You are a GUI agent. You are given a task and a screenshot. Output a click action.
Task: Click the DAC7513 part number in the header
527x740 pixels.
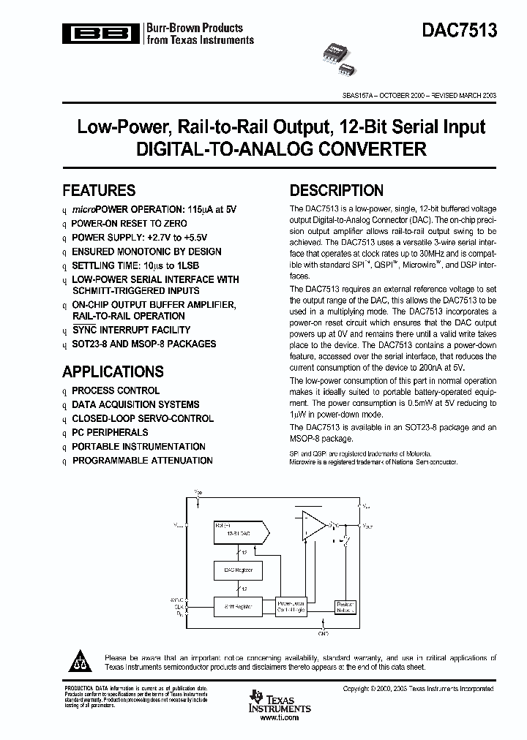(459, 31)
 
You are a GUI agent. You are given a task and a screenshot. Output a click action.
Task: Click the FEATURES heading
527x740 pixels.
(99, 190)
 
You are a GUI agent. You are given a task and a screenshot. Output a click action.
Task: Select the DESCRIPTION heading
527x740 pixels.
(336, 191)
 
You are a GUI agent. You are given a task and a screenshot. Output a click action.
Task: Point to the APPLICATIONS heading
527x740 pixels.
(113, 371)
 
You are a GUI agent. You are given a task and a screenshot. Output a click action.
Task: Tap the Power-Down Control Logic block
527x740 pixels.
(291, 606)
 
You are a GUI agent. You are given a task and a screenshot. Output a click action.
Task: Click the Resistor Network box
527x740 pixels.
(345, 606)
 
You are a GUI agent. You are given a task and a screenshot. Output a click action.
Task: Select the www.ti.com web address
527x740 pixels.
(279, 719)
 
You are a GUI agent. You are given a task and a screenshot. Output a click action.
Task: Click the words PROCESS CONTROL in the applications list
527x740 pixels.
(116, 391)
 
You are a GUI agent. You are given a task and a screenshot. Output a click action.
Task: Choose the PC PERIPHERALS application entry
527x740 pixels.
(110, 433)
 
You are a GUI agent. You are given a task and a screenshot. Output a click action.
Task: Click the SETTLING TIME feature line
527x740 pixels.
(135, 265)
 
